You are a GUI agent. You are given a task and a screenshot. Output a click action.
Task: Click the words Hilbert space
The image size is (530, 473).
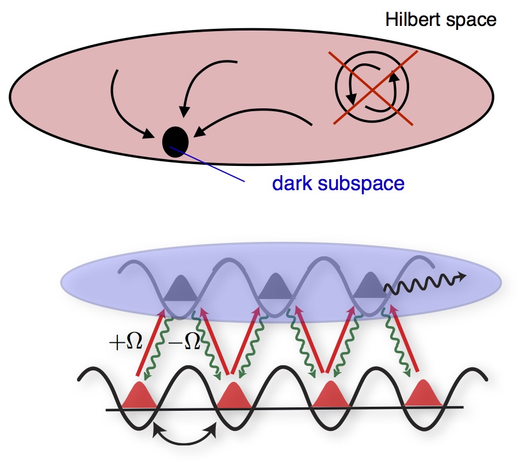440,20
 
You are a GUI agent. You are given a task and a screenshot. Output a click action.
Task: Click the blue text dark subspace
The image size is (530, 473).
338,184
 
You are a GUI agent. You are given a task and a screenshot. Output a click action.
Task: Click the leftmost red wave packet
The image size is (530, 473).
140,396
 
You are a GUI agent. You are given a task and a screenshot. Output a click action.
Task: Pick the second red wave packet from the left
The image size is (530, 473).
234,395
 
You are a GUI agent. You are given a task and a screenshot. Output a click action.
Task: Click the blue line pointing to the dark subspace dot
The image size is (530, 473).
209,165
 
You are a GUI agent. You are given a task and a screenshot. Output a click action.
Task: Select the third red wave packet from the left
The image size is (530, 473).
330,395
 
